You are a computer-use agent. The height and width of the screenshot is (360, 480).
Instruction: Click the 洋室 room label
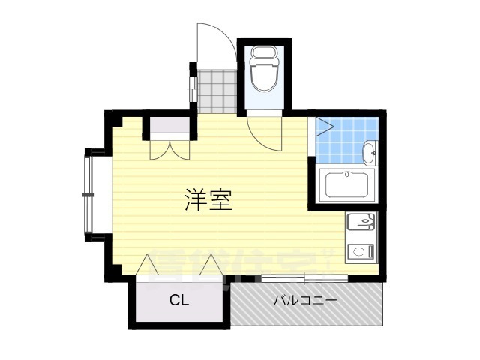coord(208,199)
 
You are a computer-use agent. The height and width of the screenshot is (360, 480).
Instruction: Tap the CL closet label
coord(178,301)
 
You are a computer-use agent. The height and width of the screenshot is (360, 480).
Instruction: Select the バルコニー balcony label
coord(304,300)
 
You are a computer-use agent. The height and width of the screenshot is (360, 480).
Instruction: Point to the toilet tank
coord(262,52)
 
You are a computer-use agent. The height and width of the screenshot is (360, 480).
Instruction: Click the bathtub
coord(347,184)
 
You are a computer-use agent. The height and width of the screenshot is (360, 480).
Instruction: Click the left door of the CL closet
coord(148,266)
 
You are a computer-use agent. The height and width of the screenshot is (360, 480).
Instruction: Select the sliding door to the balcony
coord(304,280)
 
